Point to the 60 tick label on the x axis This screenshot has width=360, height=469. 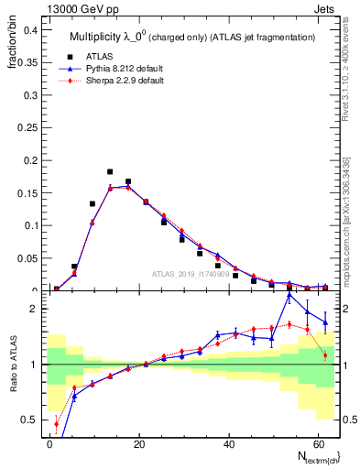coord(316,442)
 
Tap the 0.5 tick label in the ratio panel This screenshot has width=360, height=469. coord(28,420)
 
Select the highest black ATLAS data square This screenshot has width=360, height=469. coord(110,171)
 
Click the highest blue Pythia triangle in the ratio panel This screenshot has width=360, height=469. coord(289,295)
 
